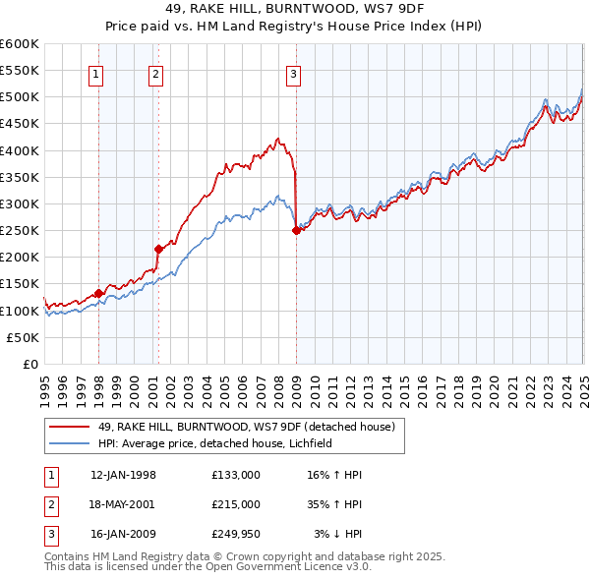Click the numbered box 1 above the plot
[x=96, y=72]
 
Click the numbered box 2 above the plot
[x=156, y=72]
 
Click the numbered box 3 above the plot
[x=294, y=72]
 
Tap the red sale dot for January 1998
[x=99, y=293]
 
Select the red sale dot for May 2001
[x=158, y=249]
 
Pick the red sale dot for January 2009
[x=296, y=230]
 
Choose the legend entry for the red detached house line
[x=246, y=427]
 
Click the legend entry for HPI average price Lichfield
[x=215, y=443]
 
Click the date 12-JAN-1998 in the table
[x=123, y=475]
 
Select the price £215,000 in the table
[x=236, y=505]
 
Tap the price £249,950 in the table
[x=236, y=535]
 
